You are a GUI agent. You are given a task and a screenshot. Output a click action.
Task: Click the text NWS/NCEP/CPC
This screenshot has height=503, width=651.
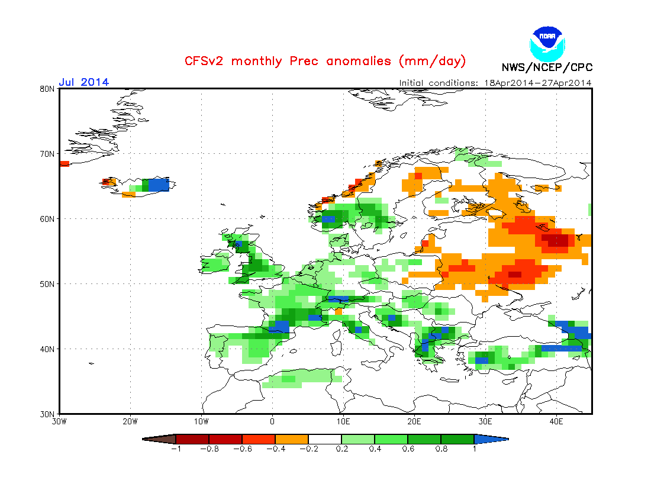pyautogui.click(x=547, y=67)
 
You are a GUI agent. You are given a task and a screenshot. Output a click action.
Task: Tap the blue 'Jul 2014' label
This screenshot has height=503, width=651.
pyautogui.click(x=83, y=82)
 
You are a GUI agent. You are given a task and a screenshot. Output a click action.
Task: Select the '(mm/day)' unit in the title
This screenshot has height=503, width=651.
pyautogui.click(x=433, y=61)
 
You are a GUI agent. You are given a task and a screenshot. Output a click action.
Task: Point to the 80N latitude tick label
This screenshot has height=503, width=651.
pyautogui.click(x=47, y=89)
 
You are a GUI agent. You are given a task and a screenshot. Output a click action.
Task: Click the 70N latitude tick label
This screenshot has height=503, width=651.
pyautogui.click(x=47, y=154)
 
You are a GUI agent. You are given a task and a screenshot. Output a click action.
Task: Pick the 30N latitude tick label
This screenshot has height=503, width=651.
pyautogui.click(x=47, y=414)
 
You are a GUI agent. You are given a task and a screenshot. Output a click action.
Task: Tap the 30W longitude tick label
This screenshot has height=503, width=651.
pyautogui.click(x=59, y=422)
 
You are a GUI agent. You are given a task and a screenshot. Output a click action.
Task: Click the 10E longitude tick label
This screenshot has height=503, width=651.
pyautogui.click(x=343, y=422)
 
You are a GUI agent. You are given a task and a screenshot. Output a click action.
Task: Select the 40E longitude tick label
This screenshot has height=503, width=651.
pyautogui.click(x=556, y=422)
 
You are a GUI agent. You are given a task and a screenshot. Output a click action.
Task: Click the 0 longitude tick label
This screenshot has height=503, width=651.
pyautogui.click(x=272, y=422)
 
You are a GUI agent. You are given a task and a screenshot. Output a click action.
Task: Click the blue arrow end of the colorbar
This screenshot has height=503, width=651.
pyautogui.click(x=491, y=439)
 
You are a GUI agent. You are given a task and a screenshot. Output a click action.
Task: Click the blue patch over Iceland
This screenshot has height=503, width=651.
pyautogui.click(x=158, y=185)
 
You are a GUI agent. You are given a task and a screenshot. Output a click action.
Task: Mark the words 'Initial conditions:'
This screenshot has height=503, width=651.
pyautogui.click(x=437, y=83)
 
